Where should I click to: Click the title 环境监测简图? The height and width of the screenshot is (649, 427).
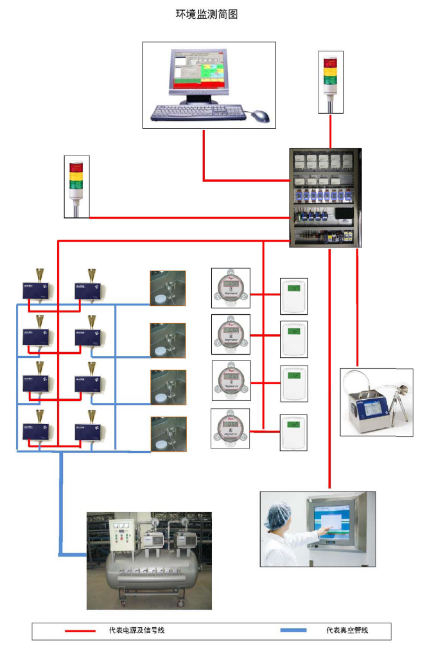[x=207, y=14]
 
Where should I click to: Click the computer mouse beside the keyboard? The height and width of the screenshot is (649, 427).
[x=260, y=116]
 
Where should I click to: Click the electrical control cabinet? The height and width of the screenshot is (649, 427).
[x=325, y=198]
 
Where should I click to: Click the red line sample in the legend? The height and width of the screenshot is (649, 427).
[x=81, y=630]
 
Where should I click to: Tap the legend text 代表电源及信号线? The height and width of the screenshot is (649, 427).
[x=136, y=630]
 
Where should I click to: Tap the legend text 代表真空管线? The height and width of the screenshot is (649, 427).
[x=347, y=630]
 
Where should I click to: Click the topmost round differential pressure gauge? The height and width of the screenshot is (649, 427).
[x=231, y=287]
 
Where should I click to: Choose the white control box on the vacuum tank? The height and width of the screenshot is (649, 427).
[x=124, y=535]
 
